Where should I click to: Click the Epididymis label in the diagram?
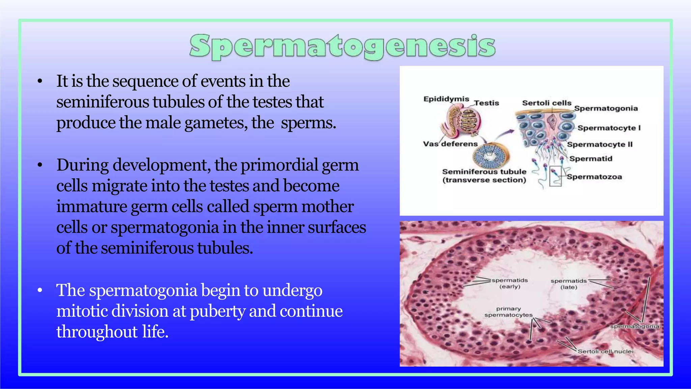click(x=446, y=99)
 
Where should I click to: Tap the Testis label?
click(x=486, y=103)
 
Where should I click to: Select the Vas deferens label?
click(x=450, y=144)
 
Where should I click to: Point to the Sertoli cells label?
click(x=547, y=103)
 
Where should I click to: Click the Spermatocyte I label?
click(x=609, y=128)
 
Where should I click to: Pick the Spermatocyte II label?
click(x=600, y=145)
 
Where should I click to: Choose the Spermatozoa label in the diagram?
click(x=594, y=177)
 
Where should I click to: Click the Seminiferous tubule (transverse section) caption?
click(x=484, y=176)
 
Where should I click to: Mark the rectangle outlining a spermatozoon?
click(x=555, y=176)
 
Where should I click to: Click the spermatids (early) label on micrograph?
click(x=509, y=283)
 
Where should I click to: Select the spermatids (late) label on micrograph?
click(x=569, y=284)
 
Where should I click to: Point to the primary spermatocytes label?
click(x=508, y=312)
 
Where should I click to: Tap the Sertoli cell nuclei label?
click(x=606, y=352)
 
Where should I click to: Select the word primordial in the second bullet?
click(x=279, y=165)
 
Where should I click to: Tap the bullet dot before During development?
click(x=40, y=165)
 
